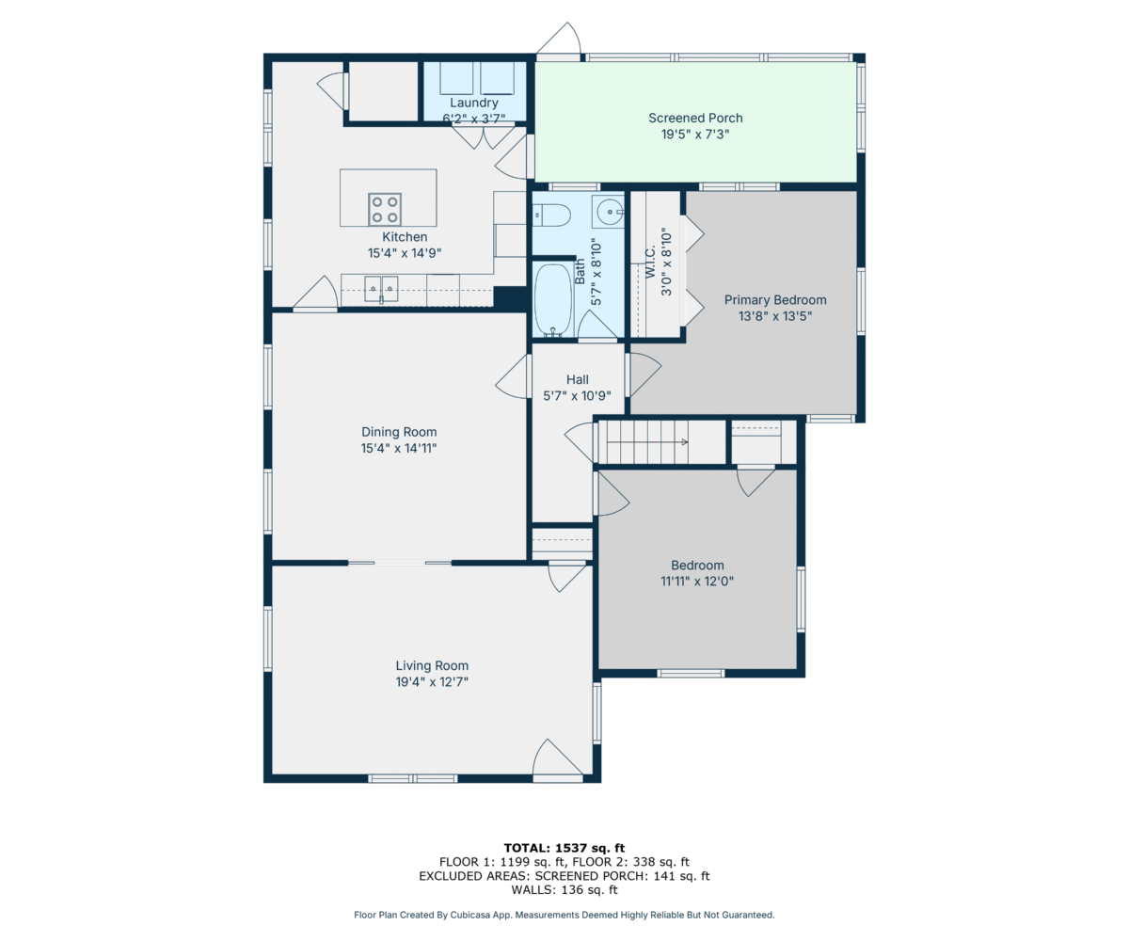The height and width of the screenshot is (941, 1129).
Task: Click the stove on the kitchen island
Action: point(385,209)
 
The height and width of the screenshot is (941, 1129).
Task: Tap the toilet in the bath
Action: point(552,215)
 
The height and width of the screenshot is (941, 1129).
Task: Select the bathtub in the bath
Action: point(552,300)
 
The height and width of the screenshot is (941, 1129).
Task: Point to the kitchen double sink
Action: point(381,289)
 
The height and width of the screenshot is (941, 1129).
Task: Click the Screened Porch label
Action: point(695,118)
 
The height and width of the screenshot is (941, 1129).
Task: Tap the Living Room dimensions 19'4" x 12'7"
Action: point(432,681)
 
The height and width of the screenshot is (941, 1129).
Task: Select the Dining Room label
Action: point(399,432)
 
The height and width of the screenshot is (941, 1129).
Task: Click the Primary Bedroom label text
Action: point(775,300)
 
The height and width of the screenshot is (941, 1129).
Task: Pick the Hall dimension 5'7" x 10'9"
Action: point(577,396)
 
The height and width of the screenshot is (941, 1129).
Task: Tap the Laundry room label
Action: point(474,103)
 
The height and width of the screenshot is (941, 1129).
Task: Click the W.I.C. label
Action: point(650,262)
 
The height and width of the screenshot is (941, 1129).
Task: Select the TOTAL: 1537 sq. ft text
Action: point(564,848)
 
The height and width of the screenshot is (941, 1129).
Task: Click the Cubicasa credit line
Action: point(564,915)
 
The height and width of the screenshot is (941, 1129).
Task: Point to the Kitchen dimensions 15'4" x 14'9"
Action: point(405,253)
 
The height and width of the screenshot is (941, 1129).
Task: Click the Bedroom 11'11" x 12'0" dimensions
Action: point(697,582)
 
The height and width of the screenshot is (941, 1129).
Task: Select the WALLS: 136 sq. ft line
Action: point(564,889)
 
